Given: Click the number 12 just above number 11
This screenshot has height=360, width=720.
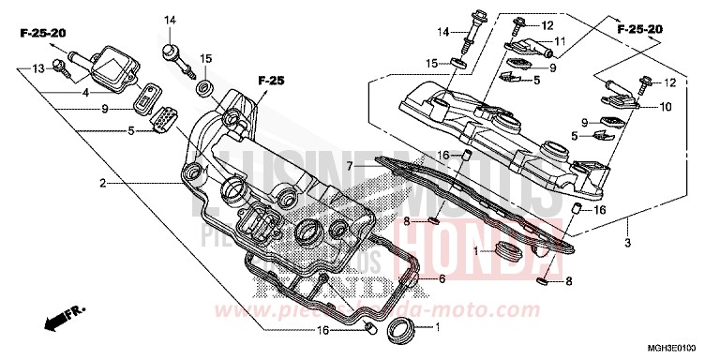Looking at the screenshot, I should (x=548, y=24).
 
